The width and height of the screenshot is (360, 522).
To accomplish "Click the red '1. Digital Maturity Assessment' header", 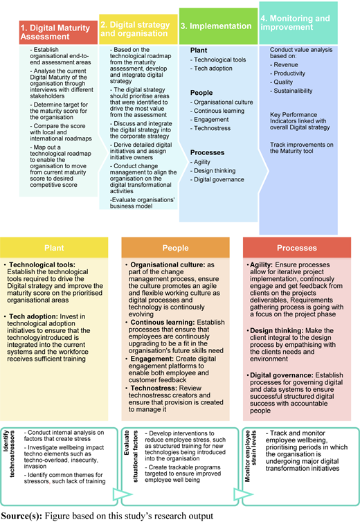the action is pos(58,33).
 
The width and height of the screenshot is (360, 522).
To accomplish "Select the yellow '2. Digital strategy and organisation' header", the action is pos(138,29).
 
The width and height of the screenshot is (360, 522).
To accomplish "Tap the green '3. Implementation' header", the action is pos(218,26).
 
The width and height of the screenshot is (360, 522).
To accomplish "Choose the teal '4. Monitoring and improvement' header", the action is pos(298,23).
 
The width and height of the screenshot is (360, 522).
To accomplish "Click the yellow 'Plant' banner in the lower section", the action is pos(54,248).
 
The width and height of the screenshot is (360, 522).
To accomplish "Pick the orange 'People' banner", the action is pos(176,248).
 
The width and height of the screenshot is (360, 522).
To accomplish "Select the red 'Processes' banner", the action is pos(297,248).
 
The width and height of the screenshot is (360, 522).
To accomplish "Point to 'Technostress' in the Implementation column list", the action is pos(212,128).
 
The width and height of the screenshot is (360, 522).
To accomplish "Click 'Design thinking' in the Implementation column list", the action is pos(215,171).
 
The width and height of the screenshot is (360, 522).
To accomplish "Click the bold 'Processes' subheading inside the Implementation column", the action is pos(207,153).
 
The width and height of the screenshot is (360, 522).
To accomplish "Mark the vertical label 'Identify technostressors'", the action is pos(9,453).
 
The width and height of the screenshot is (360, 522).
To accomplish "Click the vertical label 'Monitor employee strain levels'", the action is pos(251,456).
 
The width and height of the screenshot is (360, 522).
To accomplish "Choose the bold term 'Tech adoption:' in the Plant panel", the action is pos(33,316).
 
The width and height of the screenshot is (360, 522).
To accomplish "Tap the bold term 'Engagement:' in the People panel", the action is pos(152,359).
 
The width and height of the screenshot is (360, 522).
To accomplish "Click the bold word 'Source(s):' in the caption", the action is pos(21,516).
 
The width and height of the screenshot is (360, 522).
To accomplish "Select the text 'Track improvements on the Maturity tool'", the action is pos(302,148).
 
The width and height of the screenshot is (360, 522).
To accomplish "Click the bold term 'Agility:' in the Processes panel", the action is pos(262,265).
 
